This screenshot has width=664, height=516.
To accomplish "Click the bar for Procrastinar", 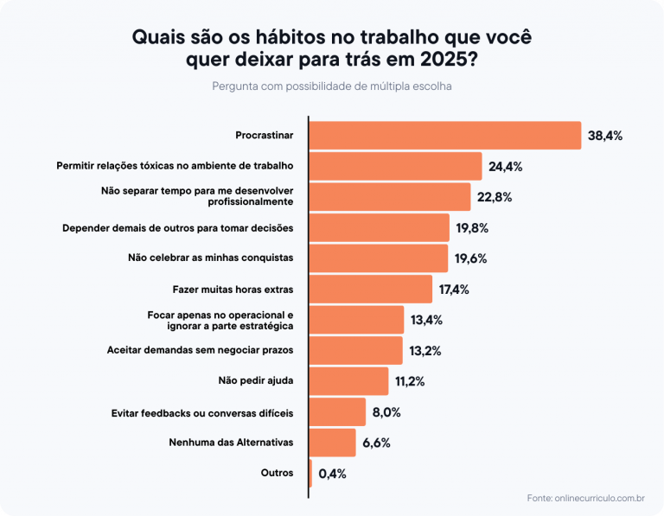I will click(445, 136).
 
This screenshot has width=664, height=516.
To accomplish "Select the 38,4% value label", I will click(605, 136).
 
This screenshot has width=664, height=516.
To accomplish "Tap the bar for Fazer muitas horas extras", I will click(371, 290).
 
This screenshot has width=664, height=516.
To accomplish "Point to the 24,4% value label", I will click(505, 166).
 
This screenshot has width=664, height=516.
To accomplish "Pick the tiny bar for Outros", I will click(311, 473).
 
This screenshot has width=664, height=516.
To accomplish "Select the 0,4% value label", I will click(332, 474).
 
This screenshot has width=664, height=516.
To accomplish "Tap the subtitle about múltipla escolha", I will click(332, 86).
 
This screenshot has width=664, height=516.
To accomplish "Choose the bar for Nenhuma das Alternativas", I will click(333, 443).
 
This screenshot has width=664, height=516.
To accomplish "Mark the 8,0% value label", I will click(386, 412).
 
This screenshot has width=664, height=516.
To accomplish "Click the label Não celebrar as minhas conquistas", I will click(211, 258).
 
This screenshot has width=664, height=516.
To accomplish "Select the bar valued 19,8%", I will click(380, 228).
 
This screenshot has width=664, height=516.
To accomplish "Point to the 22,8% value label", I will click(494, 197).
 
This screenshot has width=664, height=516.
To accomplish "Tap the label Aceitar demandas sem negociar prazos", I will click(201, 350).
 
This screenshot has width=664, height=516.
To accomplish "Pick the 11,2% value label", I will click(410, 381).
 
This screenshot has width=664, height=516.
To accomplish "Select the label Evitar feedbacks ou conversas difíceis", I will click(202, 412).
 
